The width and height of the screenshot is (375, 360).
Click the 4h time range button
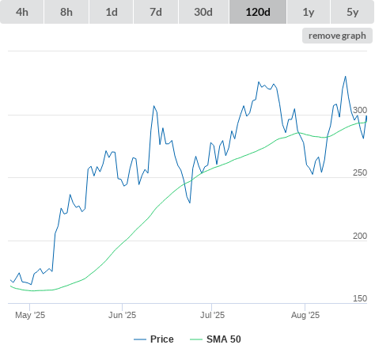(22, 12)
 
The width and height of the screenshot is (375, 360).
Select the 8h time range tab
(66, 12)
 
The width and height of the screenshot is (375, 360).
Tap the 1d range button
(112, 12)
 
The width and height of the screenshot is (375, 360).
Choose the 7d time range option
(156, 12)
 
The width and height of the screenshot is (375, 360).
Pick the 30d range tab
(203, 12)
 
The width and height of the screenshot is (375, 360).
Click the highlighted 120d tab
(258, 12)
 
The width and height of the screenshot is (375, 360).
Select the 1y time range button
(309, 12)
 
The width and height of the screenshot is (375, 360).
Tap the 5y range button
(353, 12)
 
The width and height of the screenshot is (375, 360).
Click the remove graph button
(337, 36)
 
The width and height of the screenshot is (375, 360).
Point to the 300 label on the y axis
(360, 110)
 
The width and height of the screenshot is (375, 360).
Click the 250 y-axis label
(360, 172)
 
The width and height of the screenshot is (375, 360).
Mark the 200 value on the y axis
(360, 236)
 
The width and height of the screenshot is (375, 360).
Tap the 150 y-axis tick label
(360, 298)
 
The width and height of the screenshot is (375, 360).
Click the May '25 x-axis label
(30, 315)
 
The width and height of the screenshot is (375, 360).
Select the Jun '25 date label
(122, 315)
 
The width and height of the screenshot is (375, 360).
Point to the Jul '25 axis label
(212, 315)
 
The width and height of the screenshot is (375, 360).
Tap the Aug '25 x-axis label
(305, 315)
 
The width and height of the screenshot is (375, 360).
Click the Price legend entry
(153, 339)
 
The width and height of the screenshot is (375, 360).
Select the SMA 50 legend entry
(215, 339)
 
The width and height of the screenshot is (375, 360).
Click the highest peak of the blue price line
(346, 77)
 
